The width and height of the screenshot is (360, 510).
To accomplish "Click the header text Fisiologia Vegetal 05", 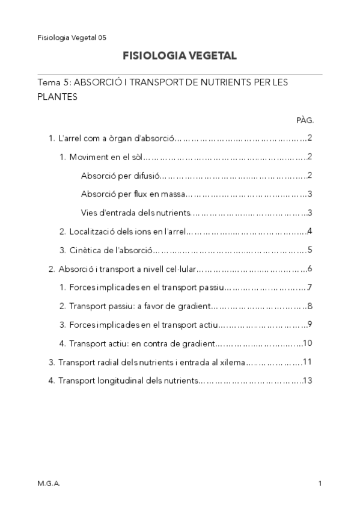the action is coord(72,37).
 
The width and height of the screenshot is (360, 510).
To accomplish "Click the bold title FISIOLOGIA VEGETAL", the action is coord(179,56).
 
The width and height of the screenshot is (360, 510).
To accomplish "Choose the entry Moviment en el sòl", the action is coord(102,157).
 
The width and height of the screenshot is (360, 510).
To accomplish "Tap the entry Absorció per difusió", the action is coord(120,176).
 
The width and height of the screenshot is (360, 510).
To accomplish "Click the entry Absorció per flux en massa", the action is coord(132,194).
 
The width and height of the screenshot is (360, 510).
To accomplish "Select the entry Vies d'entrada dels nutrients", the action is coord(135,213).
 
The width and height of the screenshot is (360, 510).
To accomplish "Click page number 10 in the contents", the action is coord(307,343).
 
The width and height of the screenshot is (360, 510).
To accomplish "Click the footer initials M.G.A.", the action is coord(49,483).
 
